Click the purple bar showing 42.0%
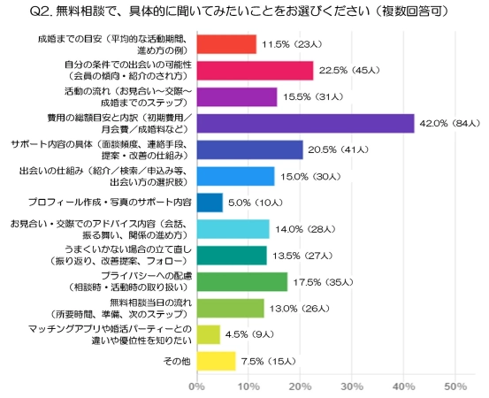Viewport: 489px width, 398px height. [304, 124]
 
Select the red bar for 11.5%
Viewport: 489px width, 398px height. [225, 44]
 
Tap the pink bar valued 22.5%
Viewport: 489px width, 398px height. [254, 71]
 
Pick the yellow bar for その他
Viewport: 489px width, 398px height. [215, 361]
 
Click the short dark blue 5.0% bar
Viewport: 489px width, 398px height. [209, 203]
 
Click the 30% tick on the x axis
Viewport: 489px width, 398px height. [352, 387]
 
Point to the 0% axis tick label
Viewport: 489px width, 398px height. [196, 387]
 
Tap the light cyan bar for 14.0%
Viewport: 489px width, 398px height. [232, 229]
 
